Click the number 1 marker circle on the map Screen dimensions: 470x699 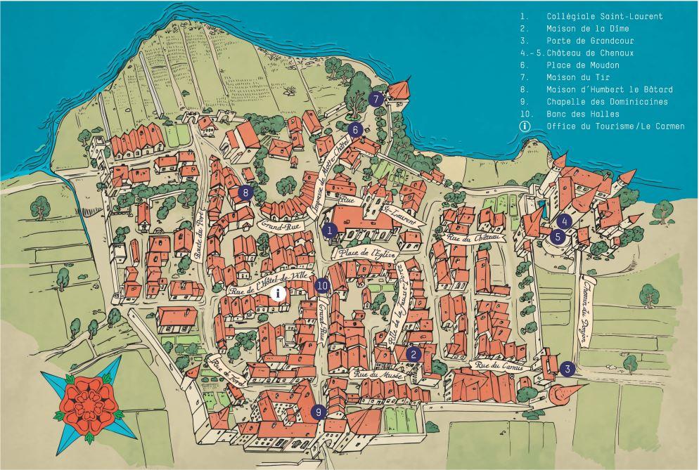pyautogui.click(x=329, y=230)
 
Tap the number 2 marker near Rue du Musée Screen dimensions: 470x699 pyautogui.click(x=413, y=355)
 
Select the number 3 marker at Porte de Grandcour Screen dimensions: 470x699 pyautogui.click(x=568, y=368)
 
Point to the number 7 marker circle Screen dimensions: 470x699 pyautogui.click(x=376, y=99)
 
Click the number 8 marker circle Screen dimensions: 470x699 pyautogui.click(x=245, y=192)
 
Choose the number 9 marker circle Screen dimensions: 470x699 pyautogui.click(x=319, y=412)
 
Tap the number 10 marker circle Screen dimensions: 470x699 pyautogui.click(x=322, y=285)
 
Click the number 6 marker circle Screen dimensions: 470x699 pyautogui.click(x=355, y=129)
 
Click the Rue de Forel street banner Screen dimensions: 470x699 pyautogui.click(x=226, y=369)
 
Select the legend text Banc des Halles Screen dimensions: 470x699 pyautogui.click(x=583, y=114)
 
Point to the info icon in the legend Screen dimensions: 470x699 pyautogui.click(x=524, y=126)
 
